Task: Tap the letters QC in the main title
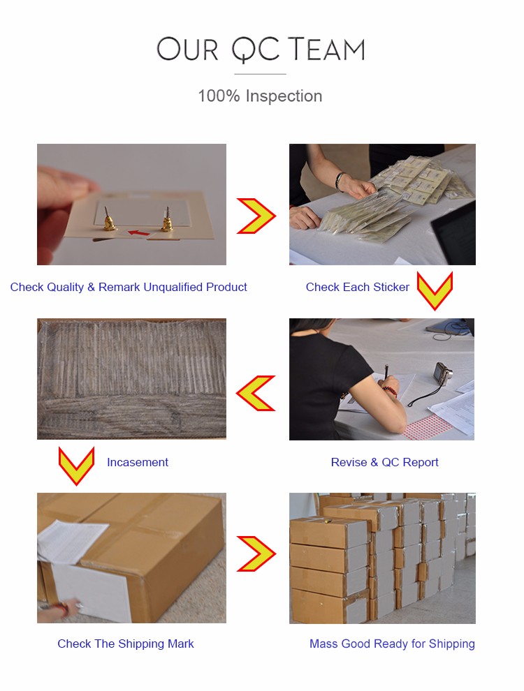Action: [256, 50]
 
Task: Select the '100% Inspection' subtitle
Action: [260, 96]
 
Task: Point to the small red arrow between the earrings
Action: [138, 232]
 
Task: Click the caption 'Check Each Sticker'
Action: [357, 287]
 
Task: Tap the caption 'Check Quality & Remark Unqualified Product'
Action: [129, 287]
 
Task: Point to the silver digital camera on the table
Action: [443, 373]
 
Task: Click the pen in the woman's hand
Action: [387, 373]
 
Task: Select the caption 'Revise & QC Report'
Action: [385, 462]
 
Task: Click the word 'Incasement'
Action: [138, 462]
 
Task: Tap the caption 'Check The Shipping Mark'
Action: [125, 644]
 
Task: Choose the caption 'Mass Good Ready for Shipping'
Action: [392, 644]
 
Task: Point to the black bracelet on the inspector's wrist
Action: [338, 181]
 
